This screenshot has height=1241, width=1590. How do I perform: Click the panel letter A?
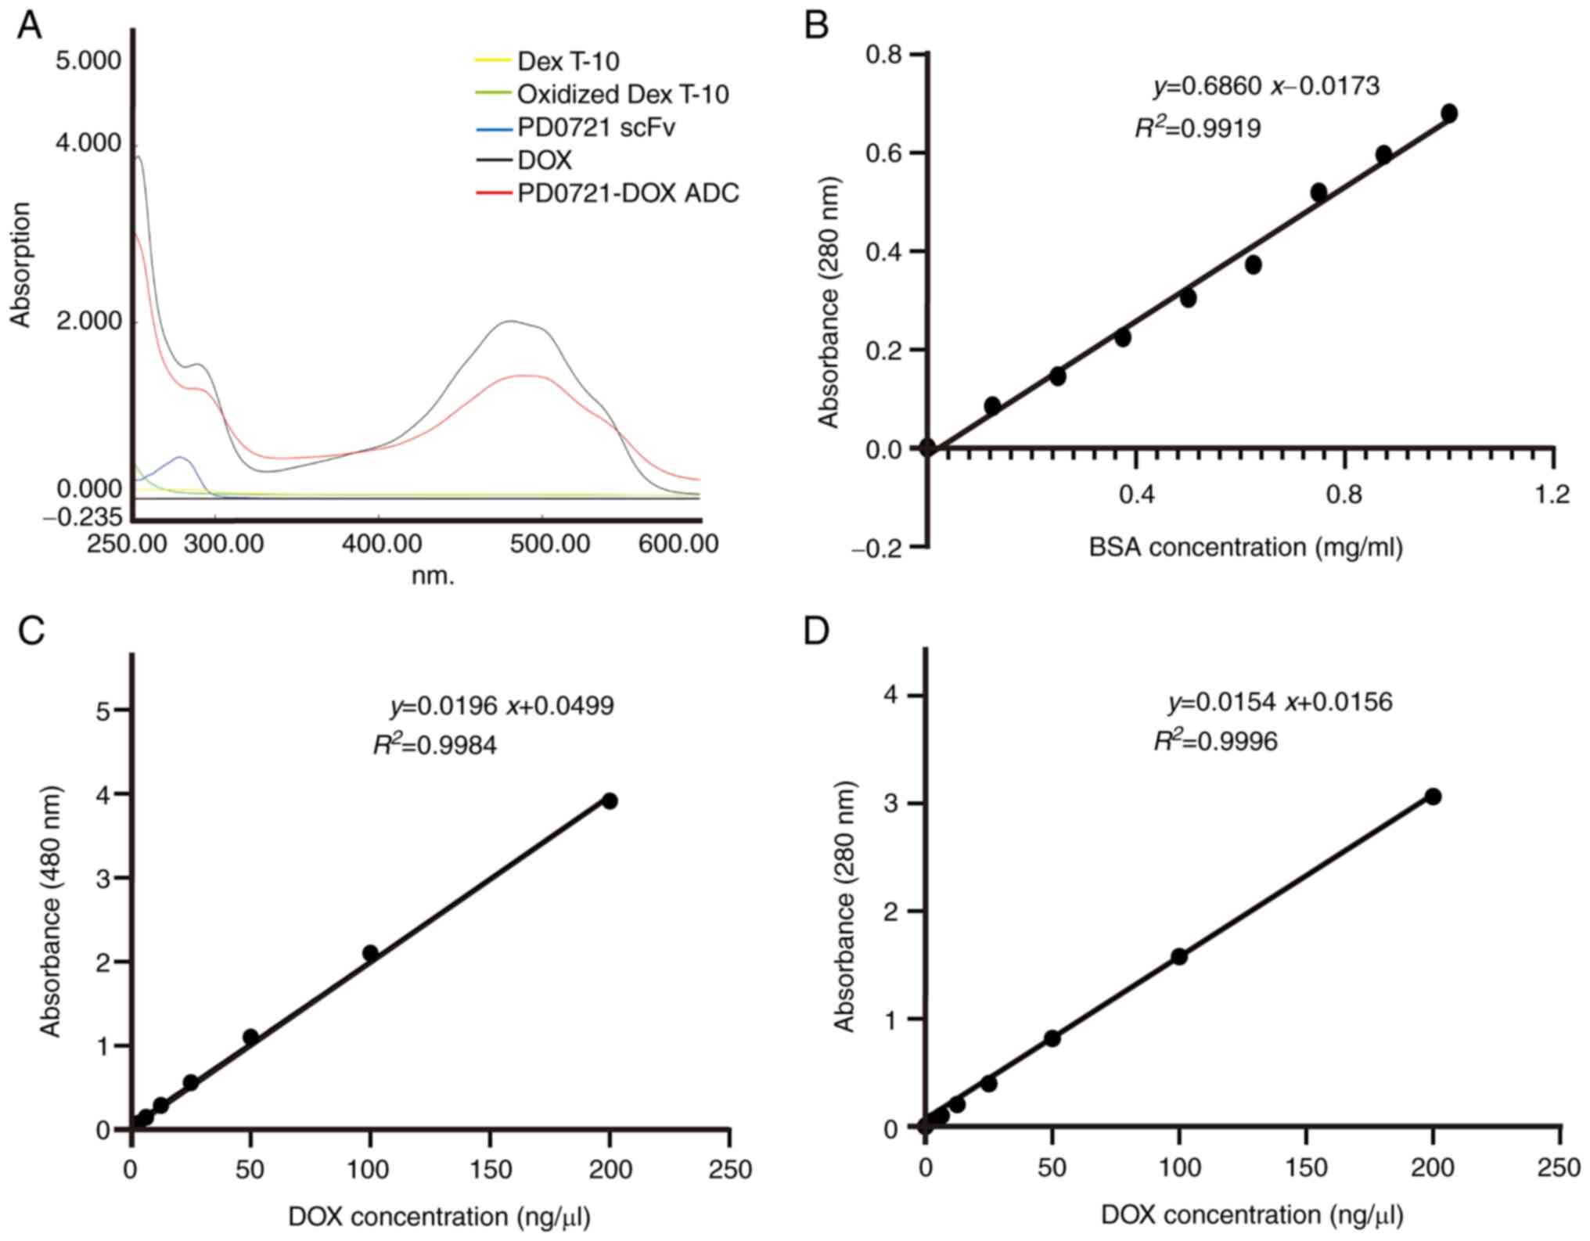pos(30,26)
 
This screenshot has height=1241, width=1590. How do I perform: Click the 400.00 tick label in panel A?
pos(382,544)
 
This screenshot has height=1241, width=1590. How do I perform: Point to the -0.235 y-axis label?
pos(83,516)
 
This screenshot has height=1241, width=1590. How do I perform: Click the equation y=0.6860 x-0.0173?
pos(1266,86)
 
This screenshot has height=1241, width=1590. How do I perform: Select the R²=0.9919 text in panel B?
pos(1198,128)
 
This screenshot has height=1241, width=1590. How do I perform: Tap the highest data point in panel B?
pos(1448,113)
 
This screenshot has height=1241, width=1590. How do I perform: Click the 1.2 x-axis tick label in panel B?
pos(1552,495)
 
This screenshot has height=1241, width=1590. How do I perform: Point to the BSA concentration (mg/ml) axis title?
pos(1245,547)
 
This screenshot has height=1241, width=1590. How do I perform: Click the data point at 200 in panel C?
pos(610,800)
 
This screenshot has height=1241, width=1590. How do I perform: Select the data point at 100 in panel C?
pos(371,953)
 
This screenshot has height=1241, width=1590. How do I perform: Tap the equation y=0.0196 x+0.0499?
pos(502,706)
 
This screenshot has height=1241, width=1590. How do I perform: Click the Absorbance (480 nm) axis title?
pos(50,912)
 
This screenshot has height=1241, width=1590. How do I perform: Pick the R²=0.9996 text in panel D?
pos(1215,741)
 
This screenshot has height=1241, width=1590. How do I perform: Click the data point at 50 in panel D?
pos(1052,1038)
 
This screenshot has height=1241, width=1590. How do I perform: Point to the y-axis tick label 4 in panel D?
pos(890,696)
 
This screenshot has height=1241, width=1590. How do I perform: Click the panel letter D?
pos(816,631)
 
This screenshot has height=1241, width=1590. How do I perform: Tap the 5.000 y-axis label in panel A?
pos(88,61)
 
